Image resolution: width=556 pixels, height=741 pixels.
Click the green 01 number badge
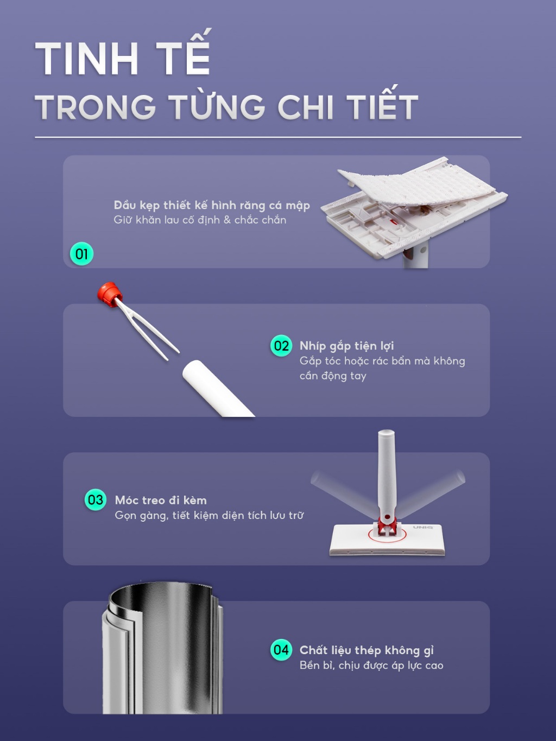tap(81, 254)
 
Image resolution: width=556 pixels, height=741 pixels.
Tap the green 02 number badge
tap(281, 346)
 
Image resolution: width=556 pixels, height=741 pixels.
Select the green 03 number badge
tap(96, 499)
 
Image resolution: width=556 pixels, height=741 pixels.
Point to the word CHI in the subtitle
tap(306, 107)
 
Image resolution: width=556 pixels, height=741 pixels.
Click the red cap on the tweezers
tap(109, 292)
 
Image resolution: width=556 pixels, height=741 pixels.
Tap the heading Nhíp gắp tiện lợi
tap(347, 346)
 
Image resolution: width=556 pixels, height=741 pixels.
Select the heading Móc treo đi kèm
tap(161, 500)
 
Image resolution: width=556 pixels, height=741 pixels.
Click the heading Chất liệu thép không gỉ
tap(367, 650)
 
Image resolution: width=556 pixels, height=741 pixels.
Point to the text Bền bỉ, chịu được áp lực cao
tap(371, 666)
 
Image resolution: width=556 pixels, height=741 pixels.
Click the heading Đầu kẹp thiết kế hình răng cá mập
tap(212, 206)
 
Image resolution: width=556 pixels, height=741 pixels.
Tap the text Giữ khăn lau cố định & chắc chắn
tap(200, 220)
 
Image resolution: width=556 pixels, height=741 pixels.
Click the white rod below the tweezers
tap(217, 389)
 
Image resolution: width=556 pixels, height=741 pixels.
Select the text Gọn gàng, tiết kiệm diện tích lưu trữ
tap(209, 516)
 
